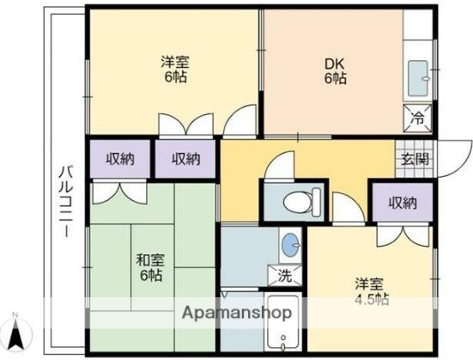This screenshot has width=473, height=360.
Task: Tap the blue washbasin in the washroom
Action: (x=291, y=243)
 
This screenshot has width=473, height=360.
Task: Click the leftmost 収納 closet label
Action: (x=119, y=158)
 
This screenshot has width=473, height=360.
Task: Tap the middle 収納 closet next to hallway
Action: (x=185, y=158)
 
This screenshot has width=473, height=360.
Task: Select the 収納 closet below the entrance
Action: (x=402, y=204)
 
